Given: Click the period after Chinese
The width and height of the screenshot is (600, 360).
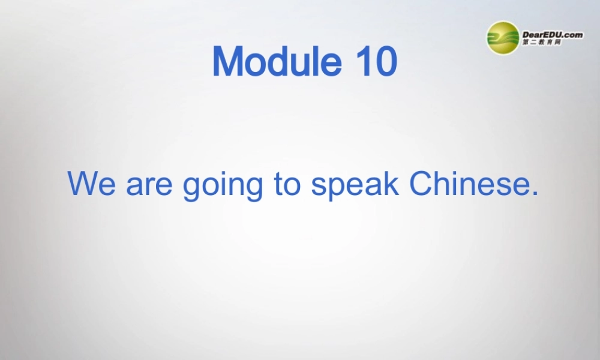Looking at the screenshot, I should click(x=535, y=194).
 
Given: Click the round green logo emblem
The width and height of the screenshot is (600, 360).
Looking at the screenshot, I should click(x=503, y=38).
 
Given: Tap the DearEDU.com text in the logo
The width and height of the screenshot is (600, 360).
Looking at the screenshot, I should click(x=553, y=35).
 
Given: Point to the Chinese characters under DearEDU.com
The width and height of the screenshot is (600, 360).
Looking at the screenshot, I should click(x=542, y=43).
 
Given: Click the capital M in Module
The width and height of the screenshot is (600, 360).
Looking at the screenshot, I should click(x=229, y=61).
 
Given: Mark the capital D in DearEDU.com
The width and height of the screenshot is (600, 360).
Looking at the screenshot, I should click(x=527, y=35).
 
